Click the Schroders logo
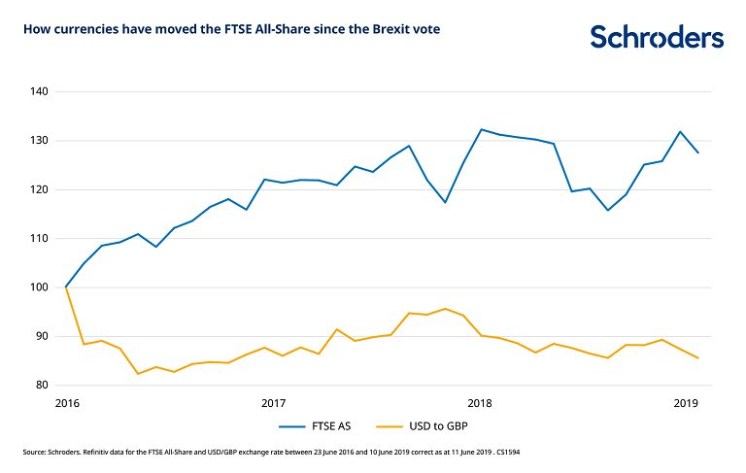coord(657,37)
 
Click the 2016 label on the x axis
coord(66,402)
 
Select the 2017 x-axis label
coord(273,402)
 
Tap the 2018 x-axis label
coord(479,402)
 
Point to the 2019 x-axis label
coord(686,402)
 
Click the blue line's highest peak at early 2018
coord(481,129)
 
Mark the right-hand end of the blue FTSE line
coord(698,152)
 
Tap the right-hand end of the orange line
coord(698,358)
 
